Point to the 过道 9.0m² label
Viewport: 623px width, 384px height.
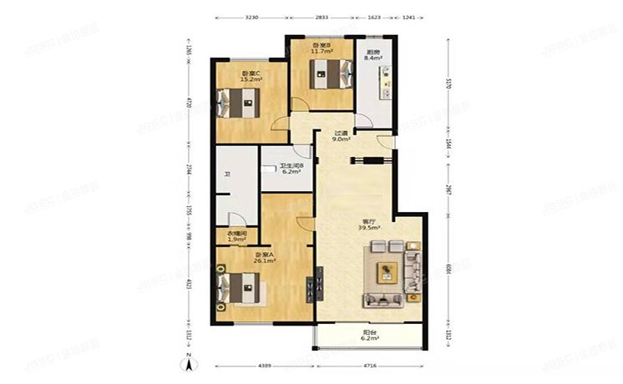(341, 137)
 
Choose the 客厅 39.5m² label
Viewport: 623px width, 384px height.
(369, 224)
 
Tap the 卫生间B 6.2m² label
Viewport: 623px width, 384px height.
(291, 169)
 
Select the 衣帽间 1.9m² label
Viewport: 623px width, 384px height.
(236, 236)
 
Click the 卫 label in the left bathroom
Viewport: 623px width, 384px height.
(226, 174)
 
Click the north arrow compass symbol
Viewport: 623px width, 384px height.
(190, 362)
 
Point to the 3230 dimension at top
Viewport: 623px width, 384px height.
(256, 17)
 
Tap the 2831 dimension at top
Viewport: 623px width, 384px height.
(323, 17)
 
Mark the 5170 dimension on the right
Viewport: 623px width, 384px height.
(448, 83)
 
